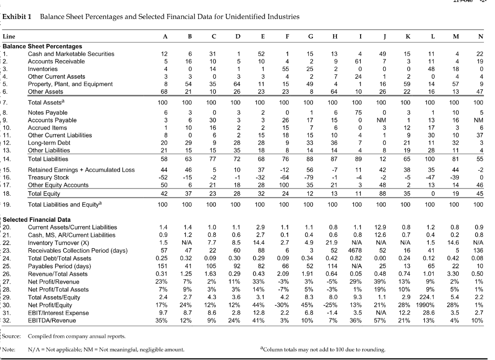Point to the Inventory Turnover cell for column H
tap(333, 243)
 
